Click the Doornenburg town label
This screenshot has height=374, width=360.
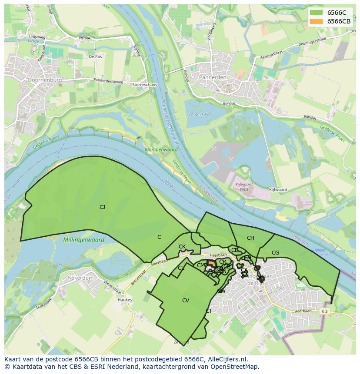[44, 80]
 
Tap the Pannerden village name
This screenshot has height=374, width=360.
[213, 77]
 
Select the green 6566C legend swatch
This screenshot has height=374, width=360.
[316, 13]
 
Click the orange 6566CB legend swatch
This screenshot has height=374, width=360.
[316, 21]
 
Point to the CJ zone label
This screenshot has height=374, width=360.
[102, 207]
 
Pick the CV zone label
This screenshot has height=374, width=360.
[186, 301]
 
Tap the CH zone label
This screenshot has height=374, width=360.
[250, 238]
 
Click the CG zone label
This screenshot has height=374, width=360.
[275, 253]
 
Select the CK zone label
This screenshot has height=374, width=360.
[182, 247]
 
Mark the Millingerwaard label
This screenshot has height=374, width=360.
[83, 240]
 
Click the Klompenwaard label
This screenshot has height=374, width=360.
[161, 149]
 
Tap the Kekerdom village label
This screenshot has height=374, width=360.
[80, 278]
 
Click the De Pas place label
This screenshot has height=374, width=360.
[95, 56]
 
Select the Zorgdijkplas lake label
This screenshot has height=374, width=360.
[200, 115]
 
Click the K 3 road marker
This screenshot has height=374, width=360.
[324, 311]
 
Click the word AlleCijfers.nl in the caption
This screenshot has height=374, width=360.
[227, 359]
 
